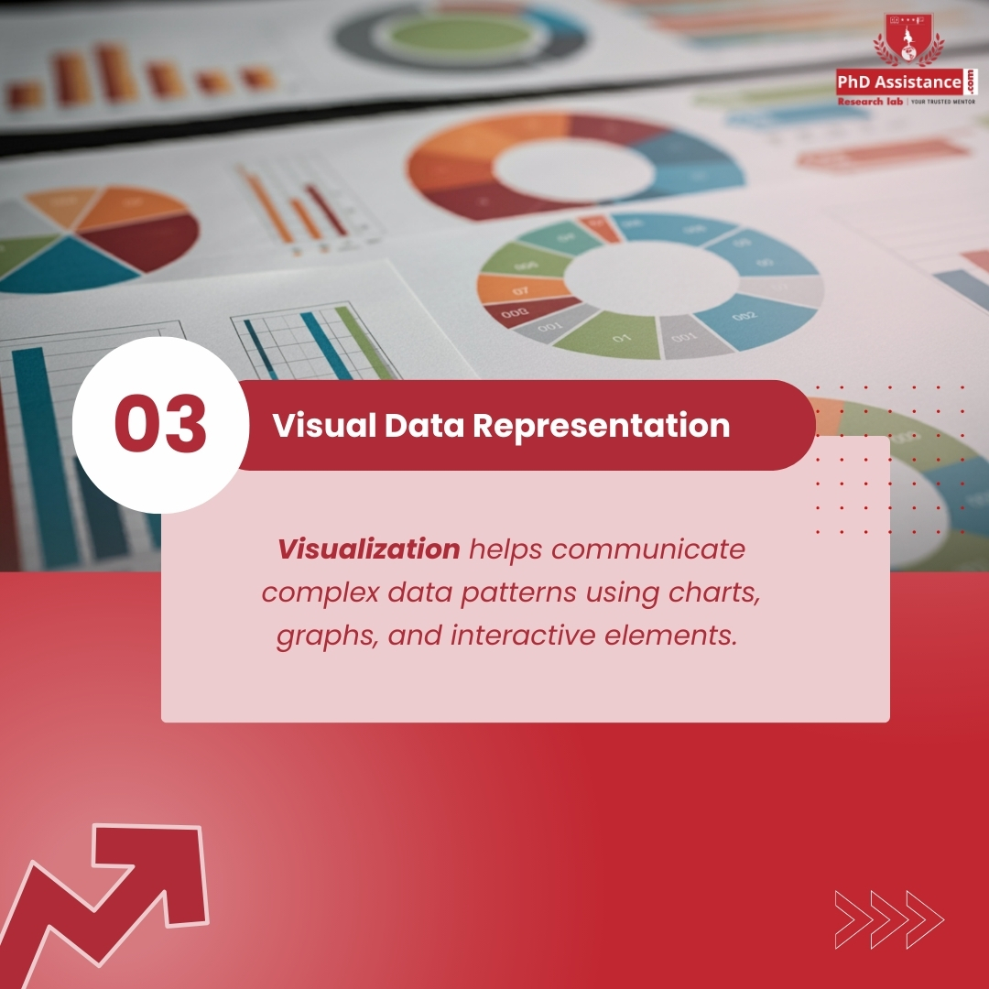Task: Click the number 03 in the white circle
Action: click(x=160, y=425)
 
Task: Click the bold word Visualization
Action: click(x=369, y=549)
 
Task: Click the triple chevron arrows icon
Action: click(x=888, y=918)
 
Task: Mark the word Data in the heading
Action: click(x=418, y=426)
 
